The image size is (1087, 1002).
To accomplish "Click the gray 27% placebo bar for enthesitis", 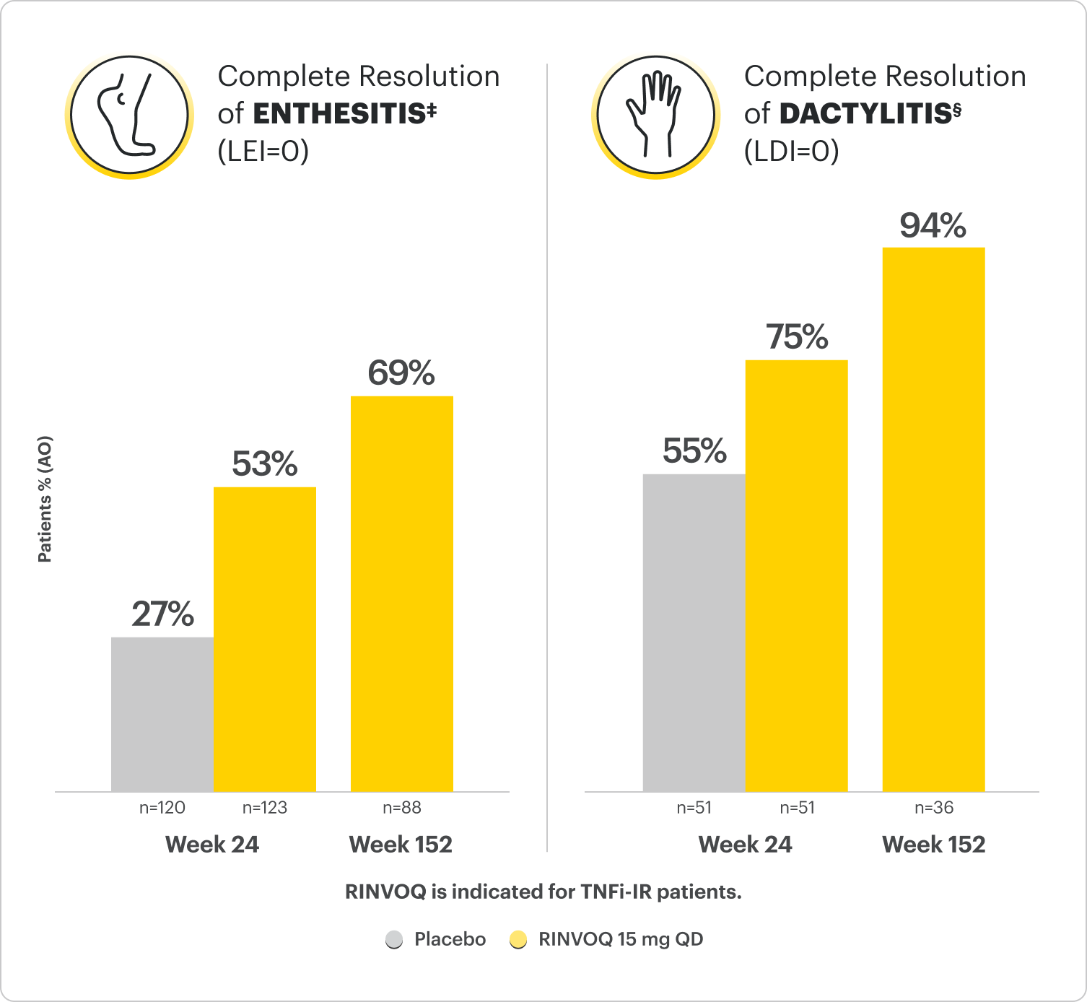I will tap(162, 714).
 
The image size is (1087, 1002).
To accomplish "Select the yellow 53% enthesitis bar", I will tap(265, 639).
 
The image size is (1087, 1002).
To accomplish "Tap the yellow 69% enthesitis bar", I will tap(402, 593).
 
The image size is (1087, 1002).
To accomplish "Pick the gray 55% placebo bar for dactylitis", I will tap(694, 632).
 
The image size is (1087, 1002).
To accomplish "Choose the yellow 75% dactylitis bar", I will tap(797, 575).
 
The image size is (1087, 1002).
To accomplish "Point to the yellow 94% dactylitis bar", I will tap(934, 519).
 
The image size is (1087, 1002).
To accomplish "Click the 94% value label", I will tap(933, 226).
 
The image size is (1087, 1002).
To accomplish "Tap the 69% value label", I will tap(401, 374).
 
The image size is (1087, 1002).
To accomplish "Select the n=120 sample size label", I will tap(162, 808).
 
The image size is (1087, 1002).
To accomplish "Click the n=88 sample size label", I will tap(402, 808).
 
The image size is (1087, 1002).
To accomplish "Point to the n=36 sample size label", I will tap(934, 808).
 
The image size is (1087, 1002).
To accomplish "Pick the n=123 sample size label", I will tap(265, 808).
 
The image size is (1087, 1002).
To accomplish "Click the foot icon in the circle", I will tap(129, 116).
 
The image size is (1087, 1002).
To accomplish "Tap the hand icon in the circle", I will tap(655, 116).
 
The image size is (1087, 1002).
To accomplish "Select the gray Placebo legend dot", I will tap(394, 940).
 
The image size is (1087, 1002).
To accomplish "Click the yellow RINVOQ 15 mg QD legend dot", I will tap(518, 940).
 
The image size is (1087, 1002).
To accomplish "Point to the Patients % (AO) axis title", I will tap(45, 499).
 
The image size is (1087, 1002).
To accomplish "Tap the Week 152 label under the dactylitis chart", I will tap(934, 845).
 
